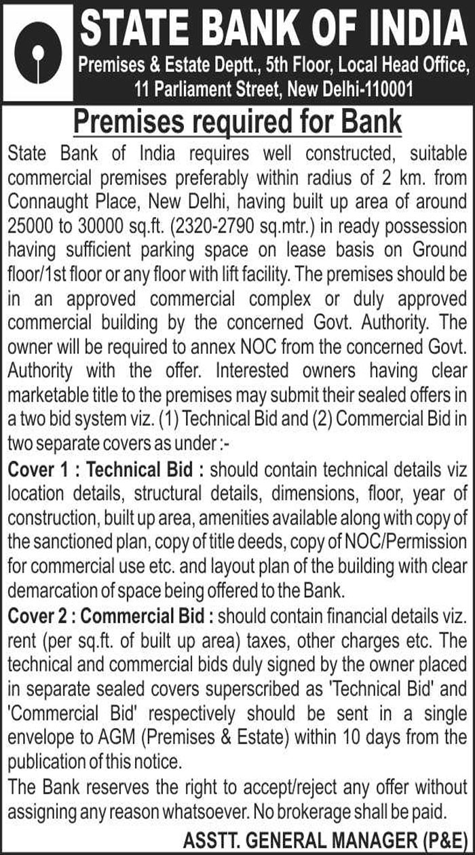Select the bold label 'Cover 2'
(x=41, y=616)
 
